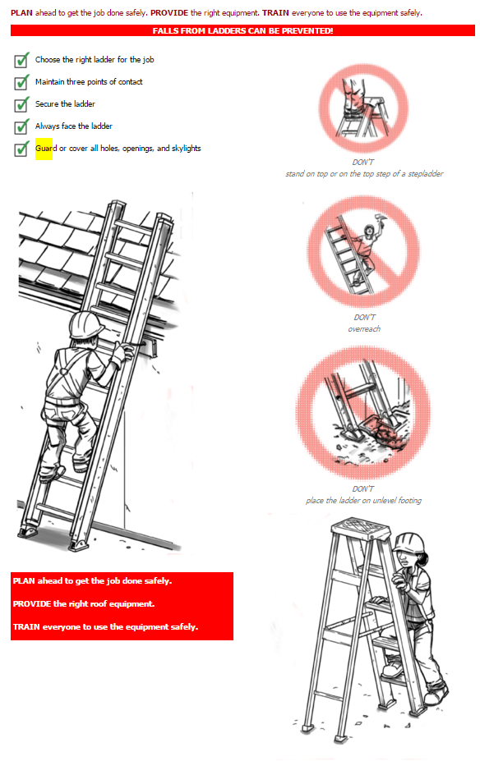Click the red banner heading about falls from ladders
point(242,30)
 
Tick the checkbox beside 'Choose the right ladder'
point(21,60)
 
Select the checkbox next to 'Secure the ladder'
point(21,104)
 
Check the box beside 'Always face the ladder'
point(21,126)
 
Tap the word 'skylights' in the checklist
point(186,149)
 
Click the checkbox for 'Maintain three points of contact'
point(21,83)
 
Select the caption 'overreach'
point(364,329)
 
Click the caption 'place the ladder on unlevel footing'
point(363,501)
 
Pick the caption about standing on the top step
point(364,174)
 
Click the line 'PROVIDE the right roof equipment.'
point(84,603)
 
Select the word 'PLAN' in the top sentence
point(22,13)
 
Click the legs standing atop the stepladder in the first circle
point(353,97)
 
